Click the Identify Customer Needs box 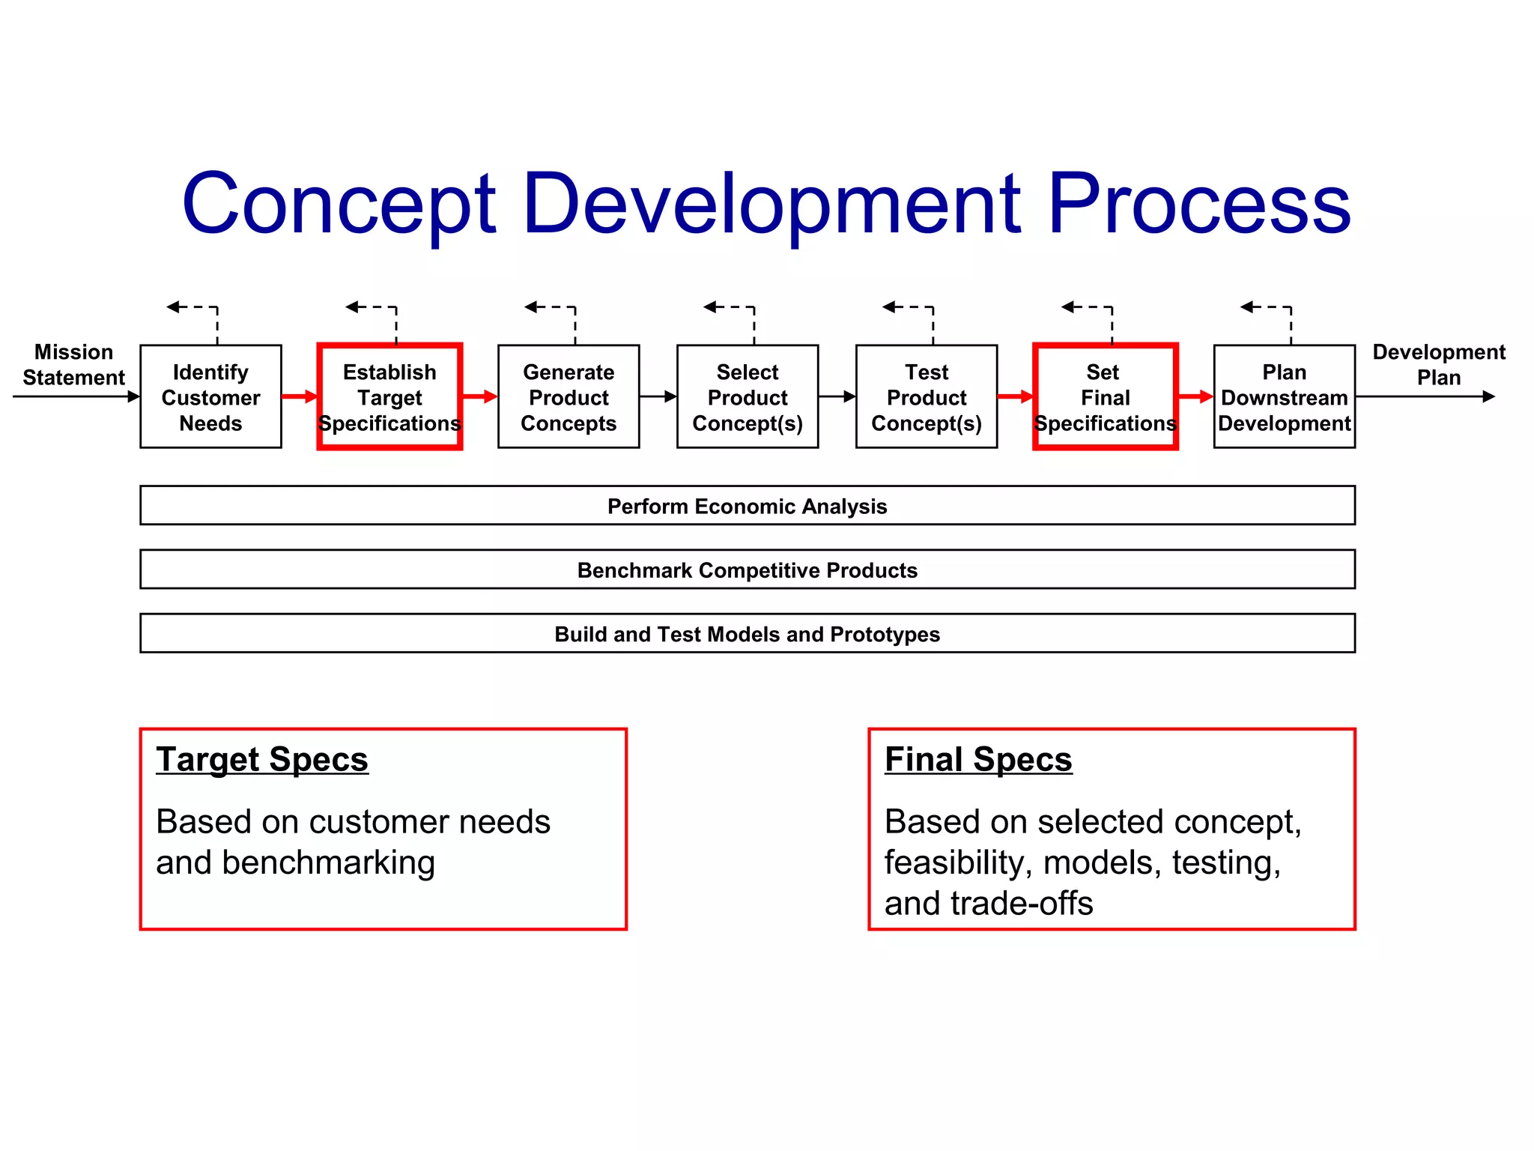pos(210,396)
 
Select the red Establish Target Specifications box pos(389,396)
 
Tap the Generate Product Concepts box pos(569,396)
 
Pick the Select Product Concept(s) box pos(748,396)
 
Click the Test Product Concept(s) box pos(927,396)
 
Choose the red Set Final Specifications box pos(1106,396)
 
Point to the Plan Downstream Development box pos(1284,396)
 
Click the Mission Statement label pos(73,365)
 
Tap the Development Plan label pos(1438,365)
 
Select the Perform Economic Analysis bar pos(747,506)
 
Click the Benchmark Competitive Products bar pos(747,570)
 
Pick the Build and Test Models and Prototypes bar pos(747,634)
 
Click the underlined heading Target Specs pos(262,759)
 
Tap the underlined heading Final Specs pos(978,759)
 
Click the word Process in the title pos(1198,204)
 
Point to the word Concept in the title pos(339,204)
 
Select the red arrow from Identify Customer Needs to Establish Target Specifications pos(300,396)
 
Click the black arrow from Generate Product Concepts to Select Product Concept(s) pos(658,396)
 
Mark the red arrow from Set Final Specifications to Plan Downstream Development pos(1195,396)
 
